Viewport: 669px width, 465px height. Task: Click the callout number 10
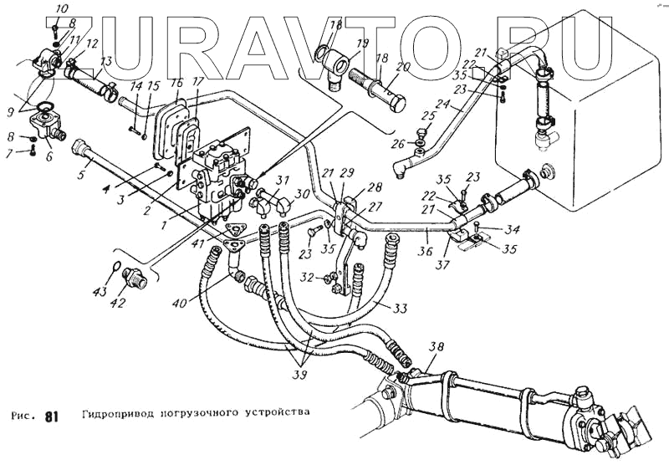click(61, 9)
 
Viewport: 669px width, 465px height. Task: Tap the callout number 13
click(105, 61)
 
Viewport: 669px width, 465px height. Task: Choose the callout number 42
click(119, 303)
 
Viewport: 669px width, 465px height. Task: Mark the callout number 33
click(401, 309)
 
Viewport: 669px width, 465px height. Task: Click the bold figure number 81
click(52, 416)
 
